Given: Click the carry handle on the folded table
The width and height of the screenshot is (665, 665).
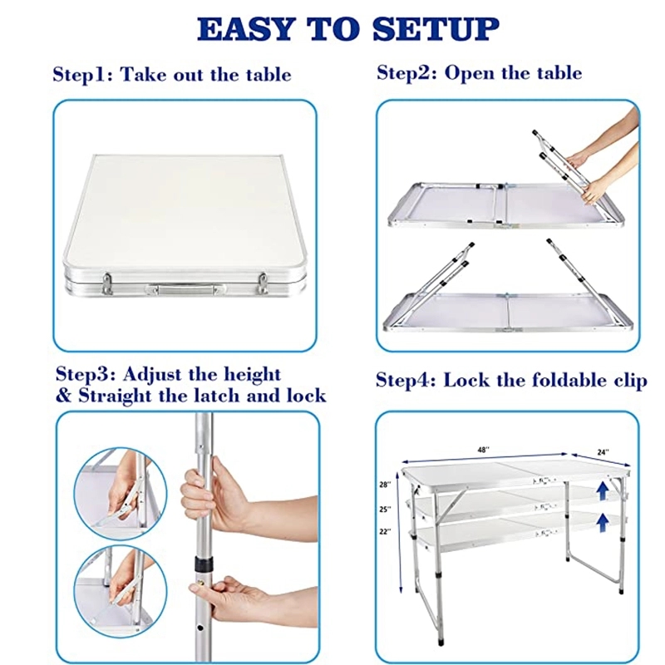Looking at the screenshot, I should click(185, 289).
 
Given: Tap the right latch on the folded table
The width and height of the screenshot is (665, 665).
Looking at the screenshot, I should click(263, 283).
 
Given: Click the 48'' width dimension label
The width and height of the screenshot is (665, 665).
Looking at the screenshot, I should click(482, 450).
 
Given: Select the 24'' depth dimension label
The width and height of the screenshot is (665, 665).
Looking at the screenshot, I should click(602, 452).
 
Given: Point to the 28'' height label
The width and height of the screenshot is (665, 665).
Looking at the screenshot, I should click(384, 484).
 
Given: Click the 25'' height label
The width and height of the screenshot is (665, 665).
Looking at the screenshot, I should click(384, 509).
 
